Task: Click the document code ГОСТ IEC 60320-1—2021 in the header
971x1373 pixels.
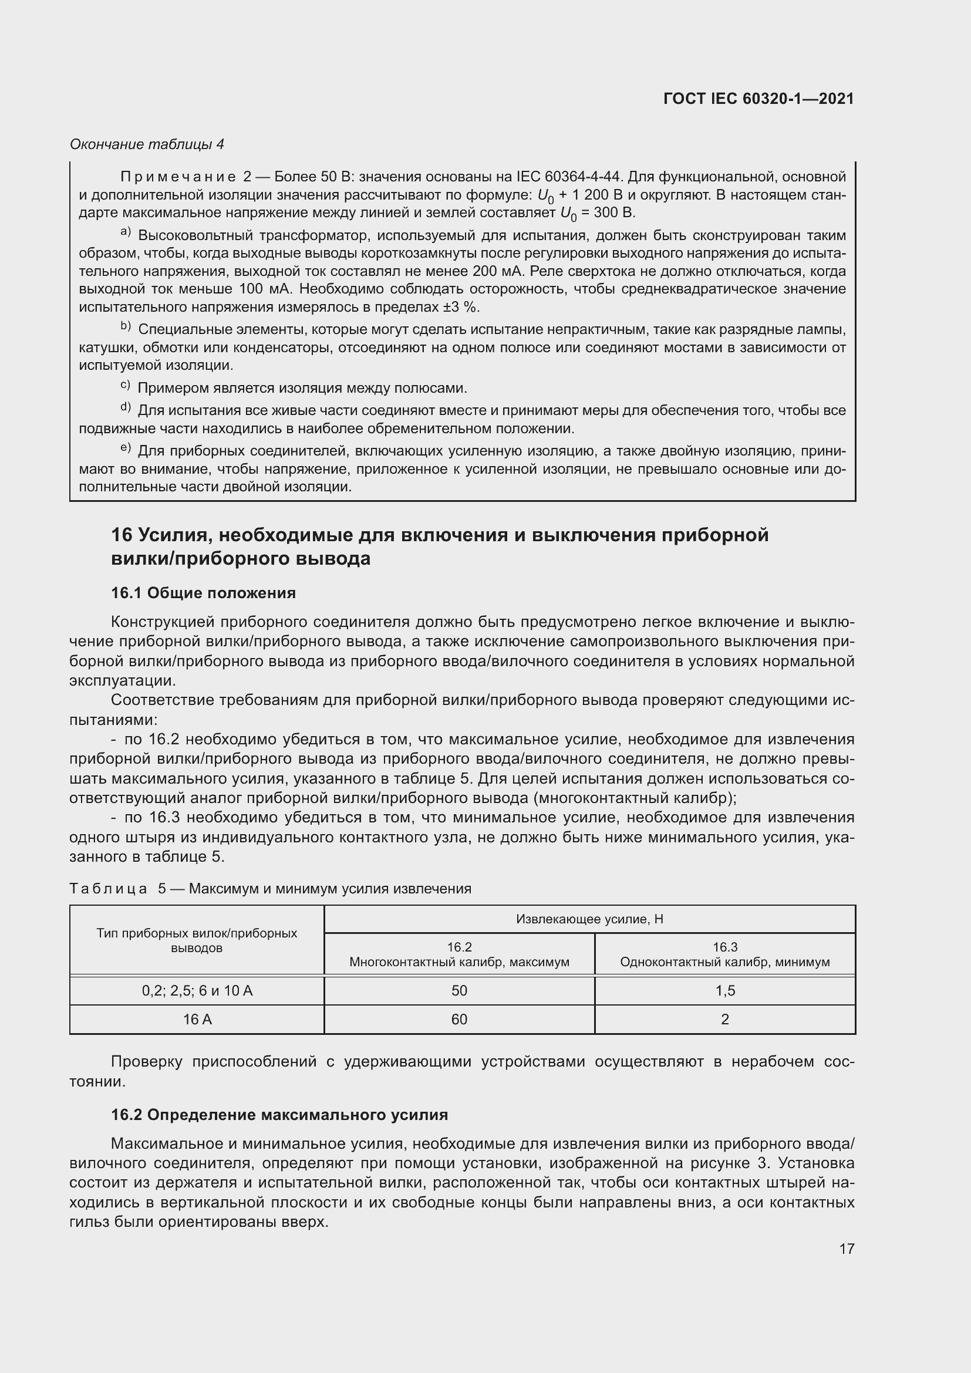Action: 758,99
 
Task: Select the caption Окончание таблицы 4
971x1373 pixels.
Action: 147,144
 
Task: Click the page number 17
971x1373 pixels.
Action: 847,1249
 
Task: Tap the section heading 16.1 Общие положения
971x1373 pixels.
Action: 203,593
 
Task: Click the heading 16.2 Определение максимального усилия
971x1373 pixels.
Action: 279,1115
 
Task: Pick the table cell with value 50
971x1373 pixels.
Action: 459,991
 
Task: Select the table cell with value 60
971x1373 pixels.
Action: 459,1020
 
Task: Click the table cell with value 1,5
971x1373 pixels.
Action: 724,991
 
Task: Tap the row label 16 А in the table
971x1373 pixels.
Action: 197,1020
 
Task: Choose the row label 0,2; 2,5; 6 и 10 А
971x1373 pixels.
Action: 197,991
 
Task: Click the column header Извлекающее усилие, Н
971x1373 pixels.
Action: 589,919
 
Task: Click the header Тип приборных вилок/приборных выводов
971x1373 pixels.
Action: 197,940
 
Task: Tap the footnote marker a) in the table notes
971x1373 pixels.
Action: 126,232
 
